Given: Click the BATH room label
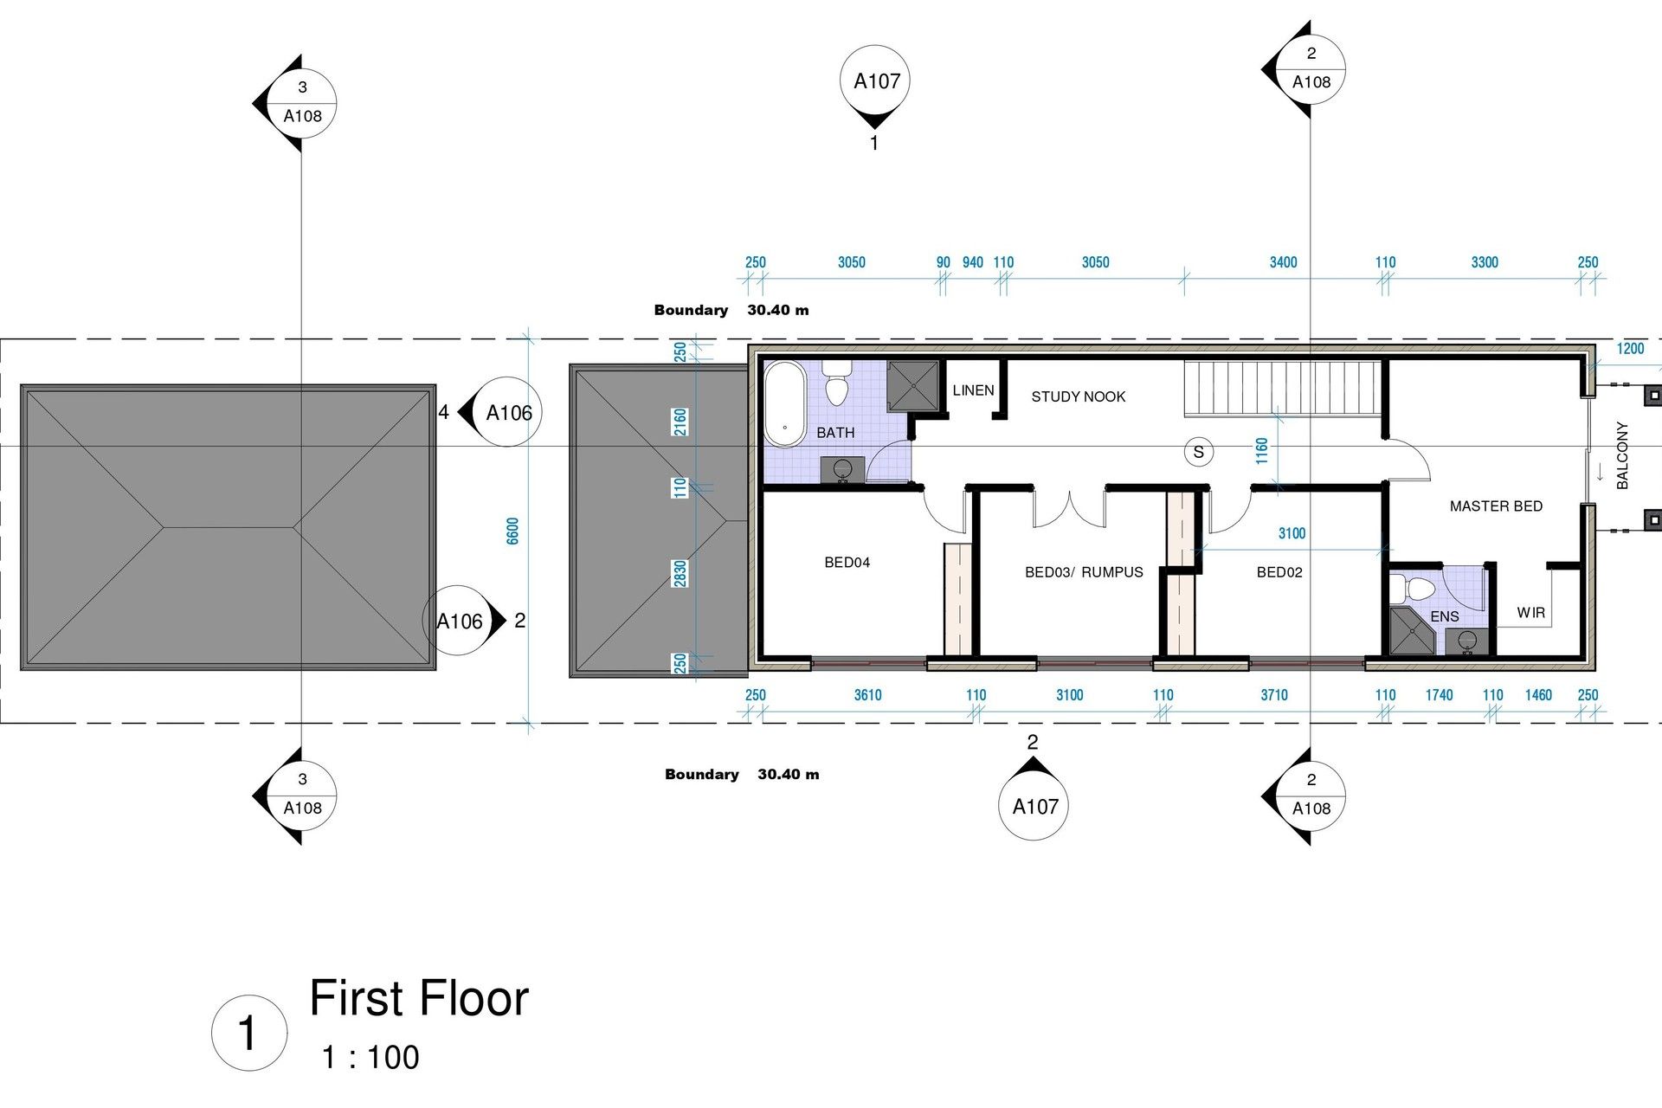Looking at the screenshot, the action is (x=835, y=433).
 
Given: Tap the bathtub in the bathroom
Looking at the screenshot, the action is (x=785, y=404).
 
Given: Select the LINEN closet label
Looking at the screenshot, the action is (x=973, y=390).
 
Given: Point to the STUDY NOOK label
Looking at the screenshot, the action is (x=1078, y=396).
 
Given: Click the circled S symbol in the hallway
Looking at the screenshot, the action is (x=1199, y=452).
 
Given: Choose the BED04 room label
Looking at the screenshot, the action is (x=847, y=563).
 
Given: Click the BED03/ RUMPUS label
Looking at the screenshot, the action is (x=1084, y=572).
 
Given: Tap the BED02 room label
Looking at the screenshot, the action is (x=1279, y=572).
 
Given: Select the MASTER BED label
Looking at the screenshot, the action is (x=1496, y=506).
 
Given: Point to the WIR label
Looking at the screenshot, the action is (x=1530, y=613).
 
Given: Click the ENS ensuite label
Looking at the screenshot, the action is (x=1445, y=616).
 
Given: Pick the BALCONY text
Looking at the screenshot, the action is (x=1623, y=455).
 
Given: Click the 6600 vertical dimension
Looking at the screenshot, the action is (x=512, y=531).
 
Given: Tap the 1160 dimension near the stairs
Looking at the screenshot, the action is (x=1262, y=450).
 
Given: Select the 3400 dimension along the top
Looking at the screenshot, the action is (x=1283, y=262).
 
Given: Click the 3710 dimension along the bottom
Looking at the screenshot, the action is (x=1274, y=695).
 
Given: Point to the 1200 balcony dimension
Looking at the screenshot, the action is (x=1630, y=349).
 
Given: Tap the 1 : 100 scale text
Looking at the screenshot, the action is (x=370, y=1057).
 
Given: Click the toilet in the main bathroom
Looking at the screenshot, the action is (x=836, y=383).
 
